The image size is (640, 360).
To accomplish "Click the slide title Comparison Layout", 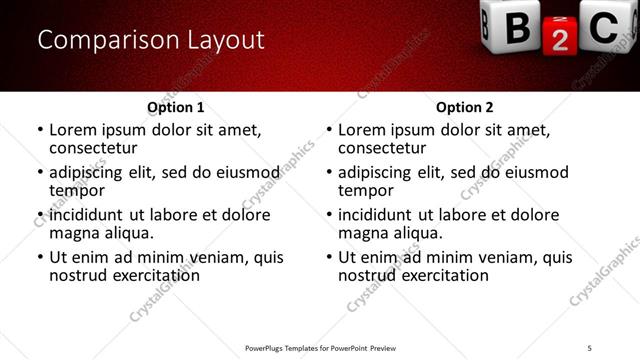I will [150, 40].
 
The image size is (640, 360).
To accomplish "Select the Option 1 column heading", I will [175, 107].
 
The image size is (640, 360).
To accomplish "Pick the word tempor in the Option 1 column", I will [76, 191].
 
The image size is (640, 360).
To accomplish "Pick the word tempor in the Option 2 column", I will [365, 191].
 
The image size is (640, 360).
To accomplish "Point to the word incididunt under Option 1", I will [87, 215].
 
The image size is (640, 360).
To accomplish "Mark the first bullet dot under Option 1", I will [40, 130].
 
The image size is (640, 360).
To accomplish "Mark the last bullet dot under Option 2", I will [329, 257].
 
